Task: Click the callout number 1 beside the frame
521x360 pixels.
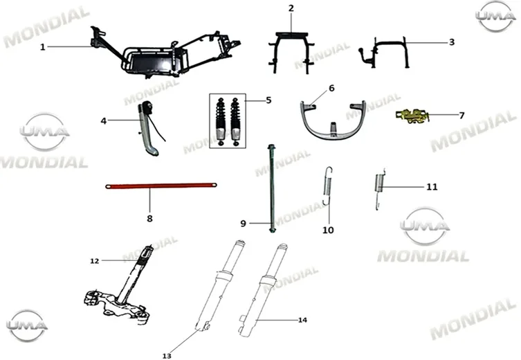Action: (42, 47)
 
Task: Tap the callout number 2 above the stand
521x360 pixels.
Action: (291, 8)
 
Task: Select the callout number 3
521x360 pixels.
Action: (452, 42)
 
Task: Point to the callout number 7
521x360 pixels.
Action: (461, 116)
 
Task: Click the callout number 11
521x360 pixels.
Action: (432, 187)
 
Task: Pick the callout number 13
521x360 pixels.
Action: (167, 356)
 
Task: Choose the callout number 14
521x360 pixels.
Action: (302, 320)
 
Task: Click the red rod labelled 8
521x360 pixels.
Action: (161, 186)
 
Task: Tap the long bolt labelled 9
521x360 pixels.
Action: (272, 189)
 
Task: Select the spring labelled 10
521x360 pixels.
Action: (328, 186)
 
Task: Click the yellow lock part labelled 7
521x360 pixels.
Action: (412, 116)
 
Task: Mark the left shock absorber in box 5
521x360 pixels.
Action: (220, 121)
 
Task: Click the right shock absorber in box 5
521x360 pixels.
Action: (235, 121)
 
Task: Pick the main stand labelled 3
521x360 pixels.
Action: (384, 53)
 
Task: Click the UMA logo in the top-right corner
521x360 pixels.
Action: (495, 16)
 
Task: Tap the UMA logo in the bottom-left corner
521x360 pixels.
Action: (26, 326)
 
